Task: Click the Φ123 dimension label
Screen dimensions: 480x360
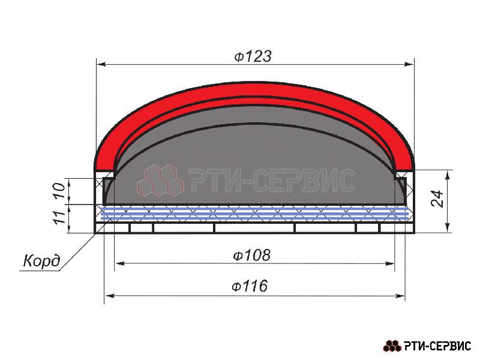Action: pyautogui.click(x=253, y=56)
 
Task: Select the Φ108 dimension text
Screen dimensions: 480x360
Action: pyautogui.click(x=251, y=255)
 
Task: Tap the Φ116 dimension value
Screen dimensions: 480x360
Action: pyautogui.click(x=250, y=286)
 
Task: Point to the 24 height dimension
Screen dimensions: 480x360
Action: pyautogui.click(x=437, y=199)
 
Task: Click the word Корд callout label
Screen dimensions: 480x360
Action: pyautogui.click(x=41, y=261)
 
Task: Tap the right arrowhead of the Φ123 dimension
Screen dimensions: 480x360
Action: pyautogui.click(x=409, y=64)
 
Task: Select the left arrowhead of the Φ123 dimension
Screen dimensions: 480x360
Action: pyautogui.click(x=101, y=64)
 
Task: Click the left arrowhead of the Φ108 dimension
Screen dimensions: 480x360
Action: pyautogui.click(x=119, y=263)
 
